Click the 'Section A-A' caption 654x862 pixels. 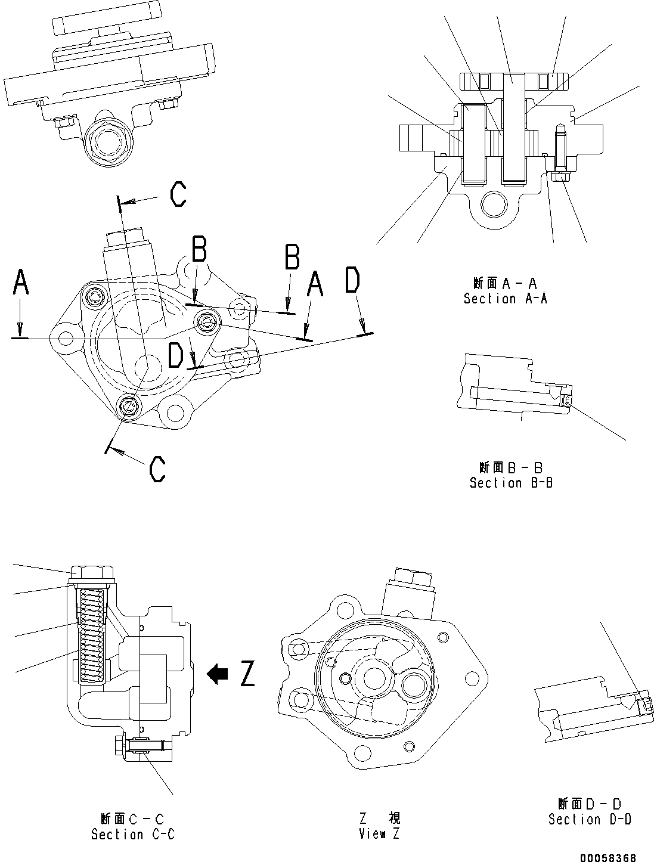(x=505, y=299)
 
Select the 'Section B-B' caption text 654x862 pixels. (x=511, y=483)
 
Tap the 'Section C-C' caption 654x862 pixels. (x=132, y=835)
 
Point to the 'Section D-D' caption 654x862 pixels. (x=590, y=820)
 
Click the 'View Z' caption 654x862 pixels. (x=380, y=833)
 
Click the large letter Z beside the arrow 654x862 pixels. (x=247, y=674)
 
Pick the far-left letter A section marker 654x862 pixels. (x=21, y=283)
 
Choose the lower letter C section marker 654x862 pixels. (x=157, y=469)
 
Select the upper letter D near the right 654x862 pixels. (x=353, y=281)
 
